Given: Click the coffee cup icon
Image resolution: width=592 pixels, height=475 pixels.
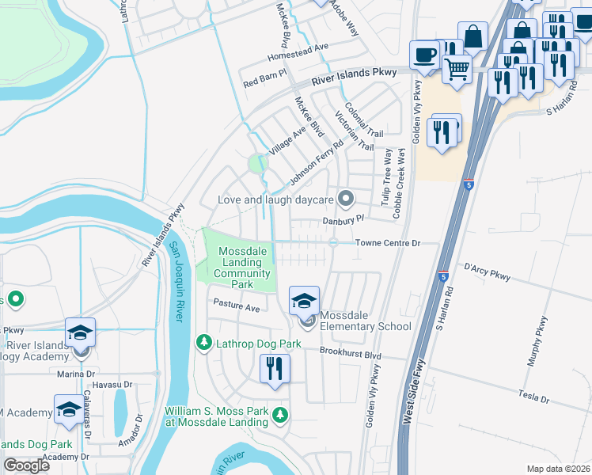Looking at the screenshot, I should point(424,55).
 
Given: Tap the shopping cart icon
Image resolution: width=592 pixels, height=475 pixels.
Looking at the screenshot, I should point(457,69).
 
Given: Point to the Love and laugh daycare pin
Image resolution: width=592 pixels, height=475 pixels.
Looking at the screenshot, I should point(345,198).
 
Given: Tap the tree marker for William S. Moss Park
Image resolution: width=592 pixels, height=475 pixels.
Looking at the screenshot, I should point(279,415).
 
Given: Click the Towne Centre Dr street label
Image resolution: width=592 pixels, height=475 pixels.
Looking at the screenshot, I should point(386,243).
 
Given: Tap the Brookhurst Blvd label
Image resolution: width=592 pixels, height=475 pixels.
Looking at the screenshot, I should point(351,349).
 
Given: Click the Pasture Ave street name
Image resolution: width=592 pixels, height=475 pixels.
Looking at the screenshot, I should point(236,307).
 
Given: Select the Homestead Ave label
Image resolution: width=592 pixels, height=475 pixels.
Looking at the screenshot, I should point(298,47).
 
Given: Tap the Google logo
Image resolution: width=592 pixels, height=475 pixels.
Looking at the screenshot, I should point(27,465).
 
